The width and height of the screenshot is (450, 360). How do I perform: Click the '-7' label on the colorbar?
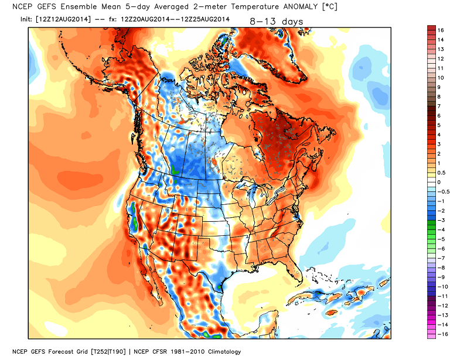443,258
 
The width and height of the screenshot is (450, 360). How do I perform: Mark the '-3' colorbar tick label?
443,220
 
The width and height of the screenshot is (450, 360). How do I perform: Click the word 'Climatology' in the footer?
220,351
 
